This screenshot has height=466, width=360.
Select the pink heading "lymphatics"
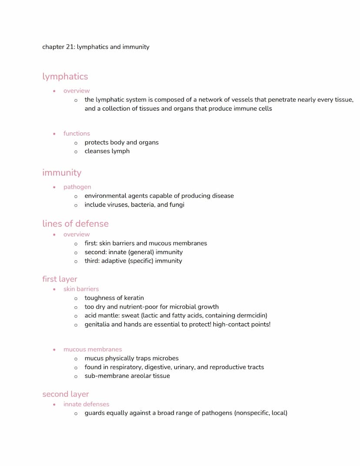tap(65, 77)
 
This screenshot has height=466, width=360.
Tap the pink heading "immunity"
tap(62, 173)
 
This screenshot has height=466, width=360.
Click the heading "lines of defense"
tap(75, 224)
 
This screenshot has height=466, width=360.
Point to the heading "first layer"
tap(60, 279)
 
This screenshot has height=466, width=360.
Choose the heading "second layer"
tap(65, 394)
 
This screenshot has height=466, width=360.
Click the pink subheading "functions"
tap(77, 134)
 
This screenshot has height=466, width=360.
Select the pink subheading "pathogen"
tap(77, 187)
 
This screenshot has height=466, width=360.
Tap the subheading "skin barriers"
tap(81, 289)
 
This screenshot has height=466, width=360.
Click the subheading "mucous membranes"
tap(93, 349)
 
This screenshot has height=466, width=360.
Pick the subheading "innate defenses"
tap(86, 404)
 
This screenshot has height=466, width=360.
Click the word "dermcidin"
tap(251, 315)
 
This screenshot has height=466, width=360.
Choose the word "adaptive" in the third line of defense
tap(113, 261)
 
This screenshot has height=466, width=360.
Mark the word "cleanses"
tap(97, 151)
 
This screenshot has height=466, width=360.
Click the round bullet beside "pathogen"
tap(54, 187)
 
